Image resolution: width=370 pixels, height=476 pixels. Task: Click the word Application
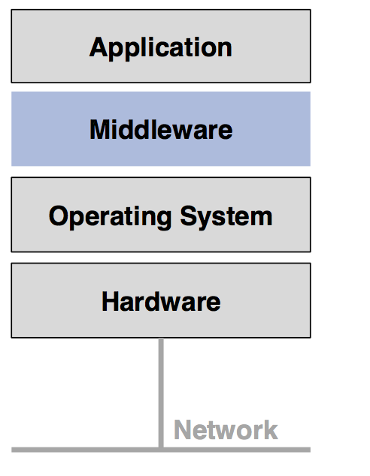(x=160, y=47)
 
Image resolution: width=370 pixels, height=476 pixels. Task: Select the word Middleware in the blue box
(x=161, y=130)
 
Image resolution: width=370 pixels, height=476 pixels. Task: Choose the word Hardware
(x=161, y=302)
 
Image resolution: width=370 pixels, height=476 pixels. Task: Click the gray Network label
(x=226, y=430)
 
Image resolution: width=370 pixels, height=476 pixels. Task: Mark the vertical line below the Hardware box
(x=161, y=390)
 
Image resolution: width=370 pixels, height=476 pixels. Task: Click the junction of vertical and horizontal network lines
(x=161, y=449)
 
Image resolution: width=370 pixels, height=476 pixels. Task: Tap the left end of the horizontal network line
(x=14, y=450)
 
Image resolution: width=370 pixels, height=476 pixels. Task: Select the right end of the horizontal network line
(x=308, y=450)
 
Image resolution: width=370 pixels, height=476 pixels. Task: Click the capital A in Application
(x=98, y=47)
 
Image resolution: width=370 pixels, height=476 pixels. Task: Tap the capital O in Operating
(x=59, y=216)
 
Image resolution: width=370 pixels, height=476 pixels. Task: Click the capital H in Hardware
(x=111, y=302)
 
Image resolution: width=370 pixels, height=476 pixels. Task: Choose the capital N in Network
(x=183, y=430)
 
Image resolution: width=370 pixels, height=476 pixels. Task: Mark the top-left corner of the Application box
(x=12, y=10)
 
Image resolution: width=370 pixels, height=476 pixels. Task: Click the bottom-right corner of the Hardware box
(x=310, y=337)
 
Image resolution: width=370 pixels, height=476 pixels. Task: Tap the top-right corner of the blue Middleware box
(x=310, y=92)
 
